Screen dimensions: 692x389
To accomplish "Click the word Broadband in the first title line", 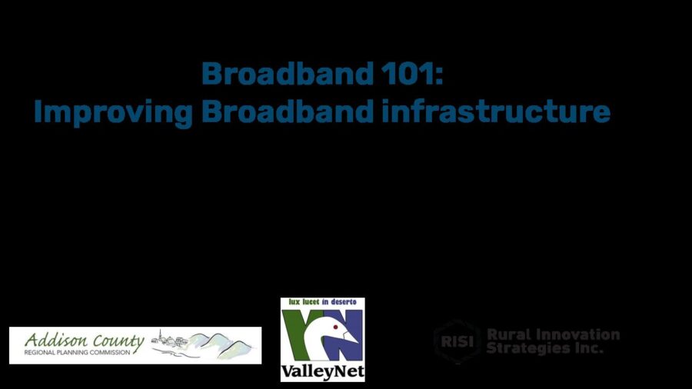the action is point(288,73).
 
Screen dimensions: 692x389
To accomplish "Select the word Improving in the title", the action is point(113,112).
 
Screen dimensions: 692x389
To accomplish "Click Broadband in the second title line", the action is point(288,111).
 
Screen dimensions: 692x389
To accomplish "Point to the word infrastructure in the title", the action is point(496,111).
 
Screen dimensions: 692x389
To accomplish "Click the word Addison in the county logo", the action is point(56,341).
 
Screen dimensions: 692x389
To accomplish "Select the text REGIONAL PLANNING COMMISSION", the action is point(77,353).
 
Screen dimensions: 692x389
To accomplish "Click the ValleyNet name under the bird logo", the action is point(323,371).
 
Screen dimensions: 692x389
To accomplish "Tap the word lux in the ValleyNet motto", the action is point(294,302).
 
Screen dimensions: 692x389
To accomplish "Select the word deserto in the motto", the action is point(344,302).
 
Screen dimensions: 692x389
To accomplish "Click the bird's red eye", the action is point(335,327).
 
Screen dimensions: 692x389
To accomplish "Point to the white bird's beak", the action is point(351,337).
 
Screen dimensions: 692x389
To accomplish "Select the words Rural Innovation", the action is point(553,334).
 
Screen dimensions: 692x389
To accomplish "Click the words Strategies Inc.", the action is point(544,348).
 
